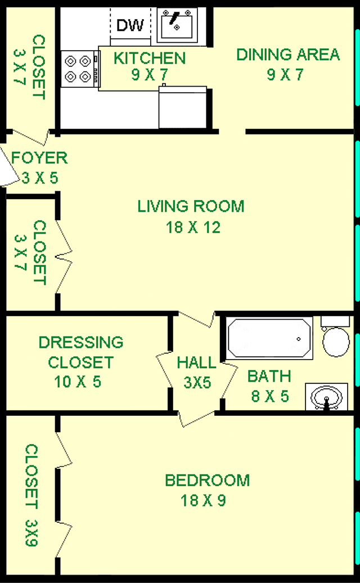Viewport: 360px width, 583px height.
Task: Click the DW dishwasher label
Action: click(130, 25)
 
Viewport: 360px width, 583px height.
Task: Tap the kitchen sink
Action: click(177, 25)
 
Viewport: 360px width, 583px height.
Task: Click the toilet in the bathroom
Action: click(336, 337)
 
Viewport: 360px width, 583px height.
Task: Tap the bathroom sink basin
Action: click(327, 397)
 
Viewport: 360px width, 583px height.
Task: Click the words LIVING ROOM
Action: click(191, 206)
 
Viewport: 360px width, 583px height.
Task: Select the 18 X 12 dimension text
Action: click(193, 227)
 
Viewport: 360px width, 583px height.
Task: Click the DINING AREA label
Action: click(288, 55)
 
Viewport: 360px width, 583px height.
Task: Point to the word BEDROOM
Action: click(208, 481)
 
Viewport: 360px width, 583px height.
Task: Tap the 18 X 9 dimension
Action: click(204, 501)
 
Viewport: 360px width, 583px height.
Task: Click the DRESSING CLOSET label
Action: click(80, 352)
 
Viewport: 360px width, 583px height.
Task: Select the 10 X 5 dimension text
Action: click(78, 382)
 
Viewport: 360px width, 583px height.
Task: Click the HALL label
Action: click(196, 362)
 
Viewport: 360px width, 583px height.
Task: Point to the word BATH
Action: click(269, 376)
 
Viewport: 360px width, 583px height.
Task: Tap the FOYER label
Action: click(39, 158)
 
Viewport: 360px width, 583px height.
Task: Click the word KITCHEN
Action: click(150, 59)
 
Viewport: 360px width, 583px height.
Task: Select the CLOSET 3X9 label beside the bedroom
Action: click(31, 495)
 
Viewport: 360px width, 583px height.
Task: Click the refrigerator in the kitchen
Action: click(182, 107)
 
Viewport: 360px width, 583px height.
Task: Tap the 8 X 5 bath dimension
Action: click(270, 396)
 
